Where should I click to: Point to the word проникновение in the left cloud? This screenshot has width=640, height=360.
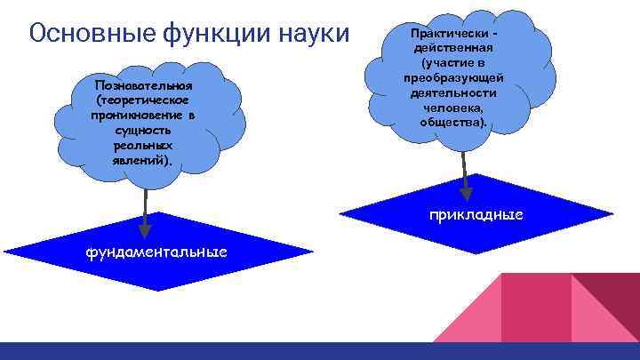pos(136,116)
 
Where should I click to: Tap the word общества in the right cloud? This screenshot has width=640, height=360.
pos(453,123)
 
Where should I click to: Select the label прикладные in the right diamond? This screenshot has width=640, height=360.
pos(476,215)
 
